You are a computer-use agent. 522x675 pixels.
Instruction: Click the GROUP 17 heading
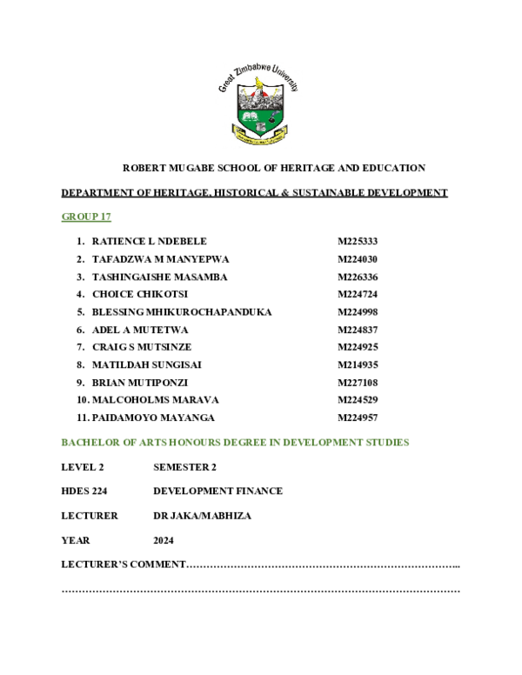pyautogui.click(x=86, y=216)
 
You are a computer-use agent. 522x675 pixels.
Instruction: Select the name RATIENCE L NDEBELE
pyautogui.click(x=149, y=241)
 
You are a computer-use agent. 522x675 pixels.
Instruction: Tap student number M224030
pyautogui.click(x=358, y=258)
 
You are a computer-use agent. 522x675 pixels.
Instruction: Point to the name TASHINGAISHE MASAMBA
pyautogui.click(x=159, y=277)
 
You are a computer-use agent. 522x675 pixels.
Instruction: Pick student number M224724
pyautogui.click(x=358, y=294)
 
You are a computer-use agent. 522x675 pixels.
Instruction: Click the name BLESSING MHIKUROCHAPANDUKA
pyautogui.click(x=182, y=311)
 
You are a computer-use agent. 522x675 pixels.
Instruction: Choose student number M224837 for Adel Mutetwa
pyautogui.click(x=358, y=330)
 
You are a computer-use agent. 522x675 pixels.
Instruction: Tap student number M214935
pyautogui.click(x=358, y=364)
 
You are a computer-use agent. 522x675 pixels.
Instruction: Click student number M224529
pyautogui.click(x=358, y=400)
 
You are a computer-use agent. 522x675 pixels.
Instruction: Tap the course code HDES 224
pyautogui.click(x=78, y=491)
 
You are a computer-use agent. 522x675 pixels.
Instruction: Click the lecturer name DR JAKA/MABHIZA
pyautogui.click(x=202, y=516)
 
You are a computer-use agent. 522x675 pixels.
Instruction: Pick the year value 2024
pyautogui.click(x=164, y=540)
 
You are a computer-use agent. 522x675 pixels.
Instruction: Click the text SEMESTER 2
pyautogui.click(x=184, y=467)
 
